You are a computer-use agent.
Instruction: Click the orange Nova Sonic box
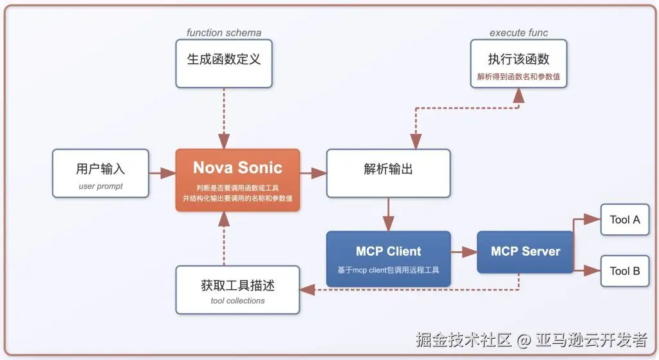pyautogui.click(x=237, y=180)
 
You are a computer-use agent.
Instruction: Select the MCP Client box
pyautogui.click(x=388, y=259)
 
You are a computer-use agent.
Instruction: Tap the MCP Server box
pyautogui.click(x=525, y=252)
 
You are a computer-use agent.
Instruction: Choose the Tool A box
pyautogui.click(x=625, y=220)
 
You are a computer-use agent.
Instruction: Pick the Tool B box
pyautogui.click(x=625, y=271)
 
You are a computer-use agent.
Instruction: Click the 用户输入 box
pyautogui.click(x=100, y=173)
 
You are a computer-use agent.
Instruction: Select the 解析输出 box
pyautogui.click(x=388, y=173)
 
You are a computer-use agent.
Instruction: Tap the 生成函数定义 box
pyautogui.click(x=224, y=64)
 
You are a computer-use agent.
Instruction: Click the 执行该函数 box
pyautogui.click(x=519, y=64)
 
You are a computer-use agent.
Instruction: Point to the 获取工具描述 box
pyautogui.click(x=237, y=290)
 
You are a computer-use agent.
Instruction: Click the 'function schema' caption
pyautogui.click(x=224, y=32)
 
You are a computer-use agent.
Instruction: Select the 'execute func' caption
pyautogui.click(x=519, y=32)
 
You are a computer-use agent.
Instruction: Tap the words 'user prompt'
pyautogui.click(x=100, y=186)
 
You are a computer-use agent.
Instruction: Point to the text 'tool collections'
pyautogui.click(x=237, y=301)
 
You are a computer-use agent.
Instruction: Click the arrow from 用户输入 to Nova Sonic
pyautogui.click(x=162, y=173)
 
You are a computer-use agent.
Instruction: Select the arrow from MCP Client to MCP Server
pyautogui.click(x=464, y=252)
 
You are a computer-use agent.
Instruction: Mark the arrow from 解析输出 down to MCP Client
pyautogui.click(x=388, y=214)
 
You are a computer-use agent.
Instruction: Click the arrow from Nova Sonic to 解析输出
pyautogui.click(x=313, y=173)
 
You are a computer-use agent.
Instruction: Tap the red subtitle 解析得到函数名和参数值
pyautogui.click(x=519, y=77)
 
